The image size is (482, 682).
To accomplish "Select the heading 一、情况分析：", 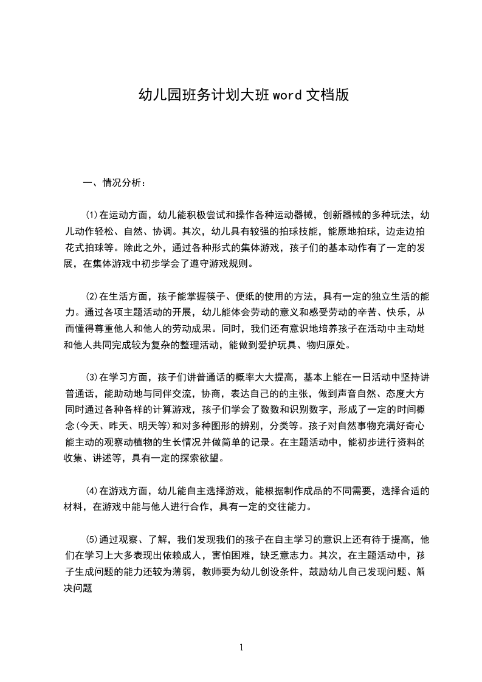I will [x=114, y=182].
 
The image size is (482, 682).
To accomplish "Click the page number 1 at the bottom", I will [x=241, y=647].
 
